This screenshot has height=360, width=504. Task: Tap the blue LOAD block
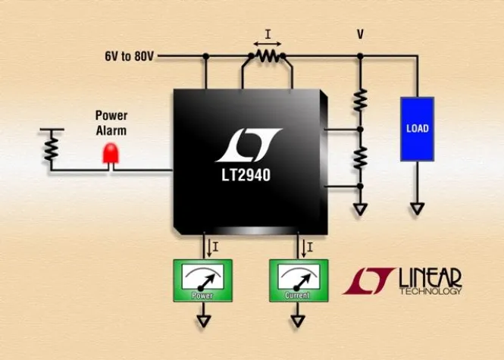(417, 128)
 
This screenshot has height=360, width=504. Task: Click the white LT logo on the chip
(248, 145)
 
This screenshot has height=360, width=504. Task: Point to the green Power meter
(203, 280)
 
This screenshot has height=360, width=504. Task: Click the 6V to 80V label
(130, 56)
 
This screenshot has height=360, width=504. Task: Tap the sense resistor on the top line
(265, 57)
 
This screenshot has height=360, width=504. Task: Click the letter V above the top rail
(361, 35)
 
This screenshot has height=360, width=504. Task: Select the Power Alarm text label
(111, 123)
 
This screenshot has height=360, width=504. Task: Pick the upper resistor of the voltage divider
(361, 99)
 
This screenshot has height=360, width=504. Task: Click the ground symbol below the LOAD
(417, 206)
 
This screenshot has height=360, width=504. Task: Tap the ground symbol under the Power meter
(203, 321)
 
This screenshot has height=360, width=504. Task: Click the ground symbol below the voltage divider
(361, 207)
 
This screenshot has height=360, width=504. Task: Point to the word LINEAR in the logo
(430, 277)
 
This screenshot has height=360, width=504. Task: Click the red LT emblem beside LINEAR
(368, 280)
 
